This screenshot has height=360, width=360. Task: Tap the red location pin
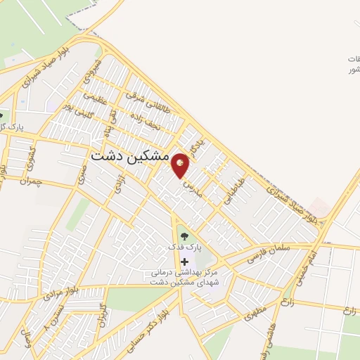[181, 165]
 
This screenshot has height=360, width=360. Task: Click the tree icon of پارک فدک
[184, 237]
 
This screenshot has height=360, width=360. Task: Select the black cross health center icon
[184, 261]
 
